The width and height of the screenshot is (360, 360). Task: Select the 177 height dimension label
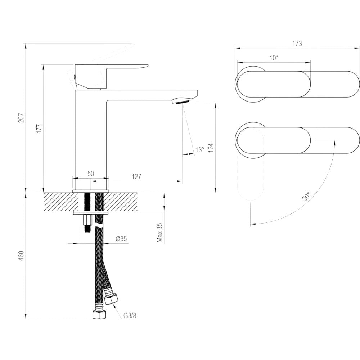pos(39,129)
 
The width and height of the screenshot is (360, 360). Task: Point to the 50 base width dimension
pos(91,174)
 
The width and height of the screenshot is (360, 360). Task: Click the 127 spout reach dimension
pos(136,177)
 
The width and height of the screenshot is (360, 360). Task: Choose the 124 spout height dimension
pos(211,148)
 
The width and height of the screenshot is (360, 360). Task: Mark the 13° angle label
pos(200,149)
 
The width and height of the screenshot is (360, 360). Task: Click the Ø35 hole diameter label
pos(121,238)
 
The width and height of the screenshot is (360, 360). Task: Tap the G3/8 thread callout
pos(130,316)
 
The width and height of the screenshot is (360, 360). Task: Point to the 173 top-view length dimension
pos(297,44)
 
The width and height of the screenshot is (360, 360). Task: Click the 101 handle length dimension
pos(274,58)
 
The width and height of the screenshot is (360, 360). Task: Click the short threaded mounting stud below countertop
pos(87,224)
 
